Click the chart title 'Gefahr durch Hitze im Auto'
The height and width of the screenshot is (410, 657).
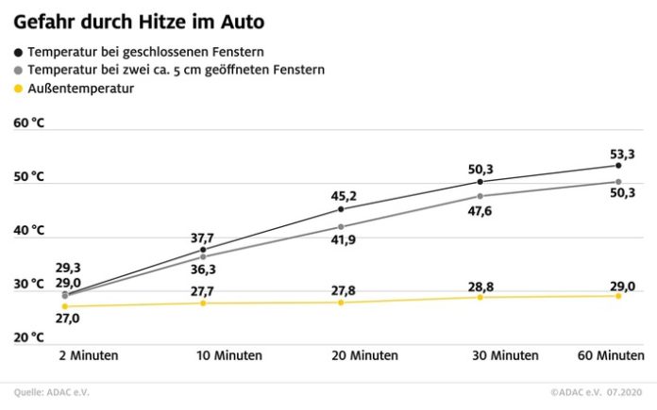click(x=139, y=20)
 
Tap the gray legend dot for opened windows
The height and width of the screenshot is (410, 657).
click(x=18, y=70)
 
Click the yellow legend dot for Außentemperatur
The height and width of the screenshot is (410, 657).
click(x=18, y=89)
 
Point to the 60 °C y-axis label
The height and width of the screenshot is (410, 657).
click(x=29, y=123)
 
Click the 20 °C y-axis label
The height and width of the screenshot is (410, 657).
click(x=29, y=337)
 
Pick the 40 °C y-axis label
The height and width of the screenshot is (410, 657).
click(x=29, y=230)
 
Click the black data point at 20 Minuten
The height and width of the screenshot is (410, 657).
click(x=341, y=208)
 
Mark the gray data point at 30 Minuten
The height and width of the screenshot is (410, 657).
click(x=480, y=196)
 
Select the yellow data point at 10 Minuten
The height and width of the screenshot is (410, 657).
click(x=203, y=303)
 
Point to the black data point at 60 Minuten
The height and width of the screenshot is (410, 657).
click(x=618, y=165)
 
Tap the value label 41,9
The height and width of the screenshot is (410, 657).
click(x=341, y=241)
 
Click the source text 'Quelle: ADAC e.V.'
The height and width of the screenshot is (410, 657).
click(x=58, y=392)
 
